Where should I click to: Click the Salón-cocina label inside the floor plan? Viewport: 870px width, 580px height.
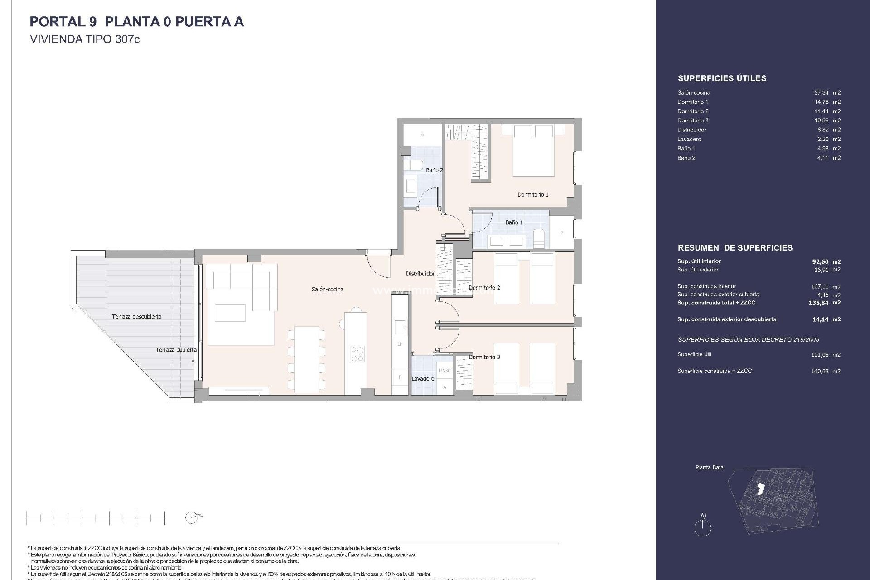327,289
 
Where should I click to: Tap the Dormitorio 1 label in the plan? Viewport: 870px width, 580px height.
533,194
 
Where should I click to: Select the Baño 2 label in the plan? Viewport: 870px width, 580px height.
434,170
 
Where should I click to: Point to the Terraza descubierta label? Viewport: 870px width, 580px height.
136,316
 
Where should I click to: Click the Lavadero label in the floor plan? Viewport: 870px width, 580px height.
423,378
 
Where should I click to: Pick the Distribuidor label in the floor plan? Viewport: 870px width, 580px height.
420,274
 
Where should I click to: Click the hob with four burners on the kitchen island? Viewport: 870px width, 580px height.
357,353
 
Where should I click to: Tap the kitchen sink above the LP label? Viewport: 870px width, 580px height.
400,327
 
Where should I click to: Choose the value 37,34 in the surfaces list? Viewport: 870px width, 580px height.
821,92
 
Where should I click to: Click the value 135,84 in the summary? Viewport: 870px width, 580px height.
818,303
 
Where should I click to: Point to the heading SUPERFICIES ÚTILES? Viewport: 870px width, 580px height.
722,78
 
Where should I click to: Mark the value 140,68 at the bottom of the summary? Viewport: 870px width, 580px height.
820,371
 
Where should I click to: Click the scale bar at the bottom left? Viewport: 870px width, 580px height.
96,517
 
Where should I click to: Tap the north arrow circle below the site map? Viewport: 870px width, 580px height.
703,528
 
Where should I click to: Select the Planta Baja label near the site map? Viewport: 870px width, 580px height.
709,467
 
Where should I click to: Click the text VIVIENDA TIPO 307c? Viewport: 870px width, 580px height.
85,39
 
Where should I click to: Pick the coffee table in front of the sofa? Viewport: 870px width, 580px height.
230,313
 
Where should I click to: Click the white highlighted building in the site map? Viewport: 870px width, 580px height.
761,489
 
